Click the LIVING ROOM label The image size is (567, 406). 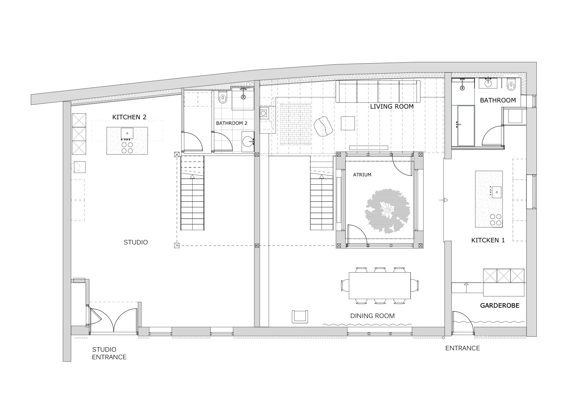[x=392, y=107]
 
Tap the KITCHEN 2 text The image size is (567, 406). [x=129, y=117]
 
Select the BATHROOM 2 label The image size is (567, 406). [x=232, y=123]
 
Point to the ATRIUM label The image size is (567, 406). [x=362, y=175]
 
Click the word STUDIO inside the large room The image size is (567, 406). [x=136, y=242]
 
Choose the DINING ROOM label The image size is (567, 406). [x=372, y=316]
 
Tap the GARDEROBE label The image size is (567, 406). [x=500, y=306]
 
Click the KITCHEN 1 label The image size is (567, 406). [x=488, y=240]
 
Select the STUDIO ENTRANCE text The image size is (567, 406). [x=109, y=353]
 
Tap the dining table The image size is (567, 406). [x=380, y=286]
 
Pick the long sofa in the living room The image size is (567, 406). [x=378, y=91]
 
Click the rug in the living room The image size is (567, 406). [x=296, y=124]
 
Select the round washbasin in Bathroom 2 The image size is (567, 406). [x=248, y=142]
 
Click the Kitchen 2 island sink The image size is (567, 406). [x=127, y=133]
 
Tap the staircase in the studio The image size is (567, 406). [x=192, y=193]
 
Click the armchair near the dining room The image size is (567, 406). [x=300, y=317]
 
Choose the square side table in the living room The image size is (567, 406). [x=348, y=123]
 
